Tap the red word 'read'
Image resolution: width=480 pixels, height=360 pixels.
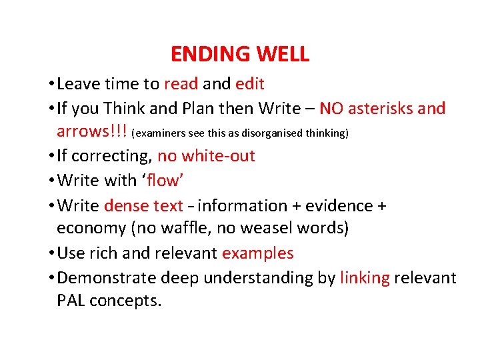181,84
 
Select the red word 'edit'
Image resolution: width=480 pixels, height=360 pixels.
250,84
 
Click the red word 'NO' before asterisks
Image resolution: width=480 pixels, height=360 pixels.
331,108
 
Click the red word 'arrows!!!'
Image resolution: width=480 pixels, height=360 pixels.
92,131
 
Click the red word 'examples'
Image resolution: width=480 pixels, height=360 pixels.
258,253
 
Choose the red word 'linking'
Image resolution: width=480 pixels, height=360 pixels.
365,277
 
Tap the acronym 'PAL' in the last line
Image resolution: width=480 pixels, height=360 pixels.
71,301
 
